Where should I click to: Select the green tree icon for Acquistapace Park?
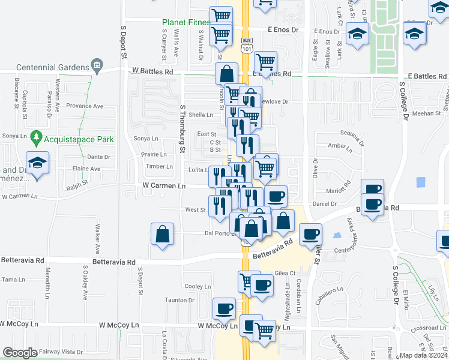(36, 139)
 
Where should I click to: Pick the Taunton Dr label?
(180, 300)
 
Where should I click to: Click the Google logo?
(20, 353)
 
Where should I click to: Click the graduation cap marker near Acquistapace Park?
(37, 164)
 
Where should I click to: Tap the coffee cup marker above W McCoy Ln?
(224, 309)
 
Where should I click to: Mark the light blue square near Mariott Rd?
(420, 182)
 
